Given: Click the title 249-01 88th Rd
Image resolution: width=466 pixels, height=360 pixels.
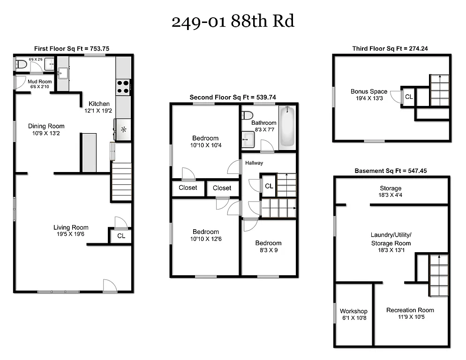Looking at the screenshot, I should coord(233,22).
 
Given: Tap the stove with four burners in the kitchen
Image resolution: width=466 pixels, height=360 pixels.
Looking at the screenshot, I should coord(123,87).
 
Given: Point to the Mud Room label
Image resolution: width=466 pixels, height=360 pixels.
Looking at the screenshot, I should coord(40,82).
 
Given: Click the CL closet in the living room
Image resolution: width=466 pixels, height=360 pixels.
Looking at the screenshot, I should coord(121,236).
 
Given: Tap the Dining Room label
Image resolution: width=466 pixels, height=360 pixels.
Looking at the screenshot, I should coord(46,126).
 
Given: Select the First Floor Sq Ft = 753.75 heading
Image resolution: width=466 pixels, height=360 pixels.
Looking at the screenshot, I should coord(72,48).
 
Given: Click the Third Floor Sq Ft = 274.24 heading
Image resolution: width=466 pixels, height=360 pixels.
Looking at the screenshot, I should coord(391,48).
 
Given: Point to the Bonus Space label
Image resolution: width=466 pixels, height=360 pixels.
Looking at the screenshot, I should coord(369,91).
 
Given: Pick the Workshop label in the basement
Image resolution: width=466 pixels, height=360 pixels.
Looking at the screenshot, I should coord(353,311).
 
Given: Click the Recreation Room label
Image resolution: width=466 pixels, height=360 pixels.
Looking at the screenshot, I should coord(410,310).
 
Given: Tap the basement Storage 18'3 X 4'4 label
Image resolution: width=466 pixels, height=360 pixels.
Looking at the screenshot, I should coord(391,188).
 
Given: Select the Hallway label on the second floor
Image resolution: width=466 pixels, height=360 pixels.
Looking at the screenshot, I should coord(254,163).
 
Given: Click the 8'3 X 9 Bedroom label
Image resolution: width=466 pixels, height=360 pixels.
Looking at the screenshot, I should coord(268,243).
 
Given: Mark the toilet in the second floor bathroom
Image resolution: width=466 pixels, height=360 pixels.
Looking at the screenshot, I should coord(248,115).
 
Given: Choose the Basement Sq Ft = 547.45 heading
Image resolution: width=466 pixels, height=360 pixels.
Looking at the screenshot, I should coord(391,171).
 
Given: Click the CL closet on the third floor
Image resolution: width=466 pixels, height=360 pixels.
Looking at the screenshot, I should coord(409,97).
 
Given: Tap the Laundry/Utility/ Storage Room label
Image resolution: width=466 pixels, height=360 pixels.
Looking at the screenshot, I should coord(390,239).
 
